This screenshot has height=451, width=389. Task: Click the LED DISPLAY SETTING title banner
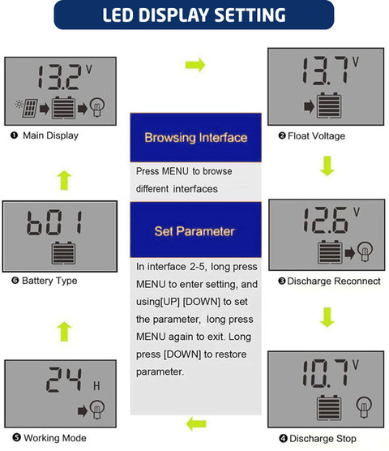194,15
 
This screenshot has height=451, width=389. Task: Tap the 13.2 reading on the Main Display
59,77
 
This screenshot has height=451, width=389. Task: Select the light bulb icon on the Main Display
97,108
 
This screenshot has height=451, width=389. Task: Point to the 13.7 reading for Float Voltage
325,71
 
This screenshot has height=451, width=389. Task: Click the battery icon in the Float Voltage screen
329,105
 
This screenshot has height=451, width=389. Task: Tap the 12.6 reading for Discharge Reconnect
326,221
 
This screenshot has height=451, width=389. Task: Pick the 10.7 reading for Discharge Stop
325,373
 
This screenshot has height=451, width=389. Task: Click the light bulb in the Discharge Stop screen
364,408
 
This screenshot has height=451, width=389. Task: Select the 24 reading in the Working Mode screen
64,380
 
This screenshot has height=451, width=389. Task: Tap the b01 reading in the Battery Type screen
54,222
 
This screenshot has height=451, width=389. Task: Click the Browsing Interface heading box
195,137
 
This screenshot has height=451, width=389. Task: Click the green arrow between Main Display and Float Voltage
195,65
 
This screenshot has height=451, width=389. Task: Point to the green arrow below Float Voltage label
327,166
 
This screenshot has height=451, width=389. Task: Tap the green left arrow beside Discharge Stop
196,424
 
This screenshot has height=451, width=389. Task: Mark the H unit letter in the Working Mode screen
96,386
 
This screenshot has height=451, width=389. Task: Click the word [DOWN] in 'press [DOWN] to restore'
182,354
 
